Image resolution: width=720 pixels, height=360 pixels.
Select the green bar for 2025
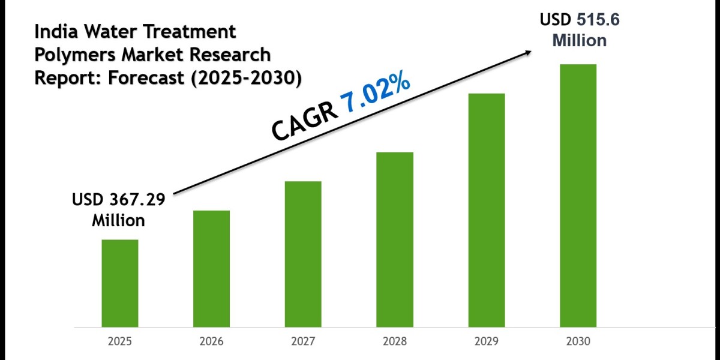[x=119, y=283]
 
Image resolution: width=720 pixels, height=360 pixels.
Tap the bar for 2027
[x=303, y=254]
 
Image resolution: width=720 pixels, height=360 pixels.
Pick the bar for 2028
[x=395, y=239]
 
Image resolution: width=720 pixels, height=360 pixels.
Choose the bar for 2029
[x=487, y=210]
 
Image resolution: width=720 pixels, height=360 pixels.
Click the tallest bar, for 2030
[x=578, y=196]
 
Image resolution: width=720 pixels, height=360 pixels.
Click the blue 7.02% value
[x=376, y=95]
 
